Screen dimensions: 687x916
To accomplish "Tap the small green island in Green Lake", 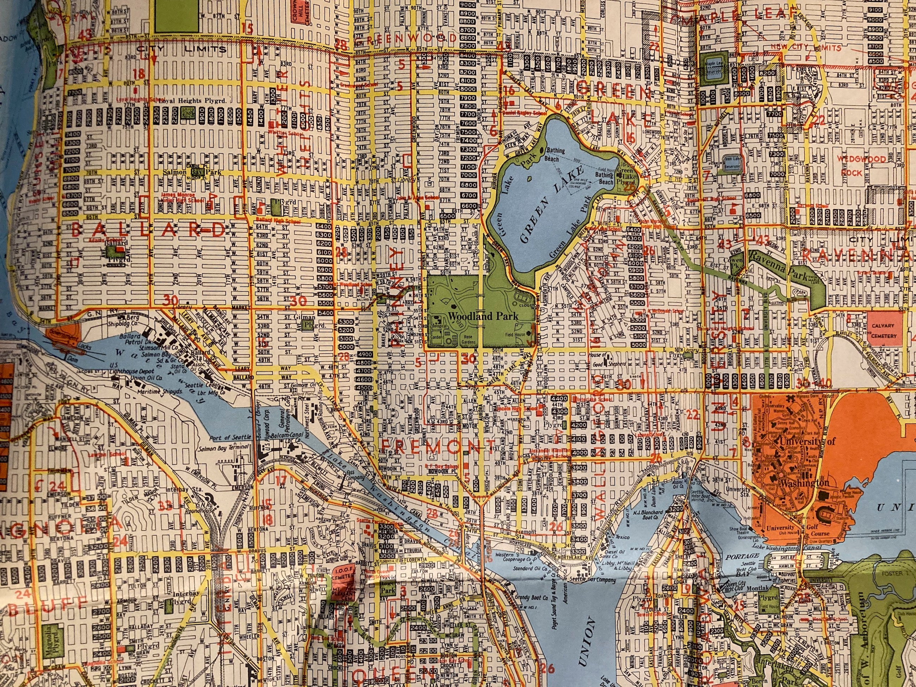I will coord(529,180).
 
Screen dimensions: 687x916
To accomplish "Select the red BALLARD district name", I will coord(149,229).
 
